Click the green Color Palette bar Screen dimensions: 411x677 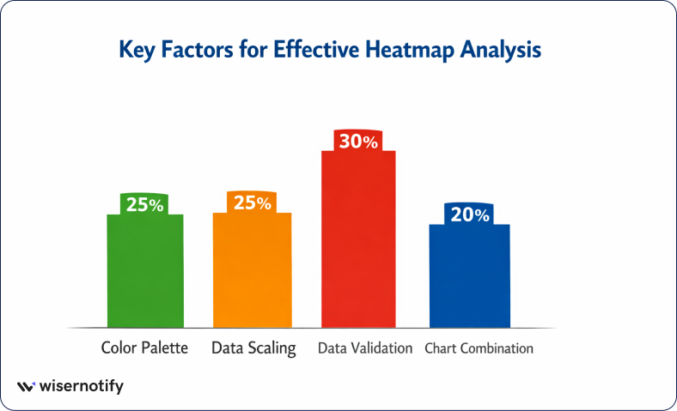point(145,270)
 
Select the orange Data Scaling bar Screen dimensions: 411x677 point(252,270)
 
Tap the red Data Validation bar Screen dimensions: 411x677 point(358,240)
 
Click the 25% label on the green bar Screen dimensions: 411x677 point(144,204)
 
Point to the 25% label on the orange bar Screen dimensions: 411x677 point(252,202)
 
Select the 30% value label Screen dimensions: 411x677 point(358,142)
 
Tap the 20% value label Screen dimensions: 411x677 point(469,215)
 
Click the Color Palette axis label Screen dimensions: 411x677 point(144,348)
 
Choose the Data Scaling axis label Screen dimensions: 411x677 point(253,348)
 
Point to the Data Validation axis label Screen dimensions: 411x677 point(365,348)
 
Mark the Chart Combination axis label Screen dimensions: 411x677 point(479,348)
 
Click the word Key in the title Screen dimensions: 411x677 point(137,50)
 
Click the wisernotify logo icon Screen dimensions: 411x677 point(27,387)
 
